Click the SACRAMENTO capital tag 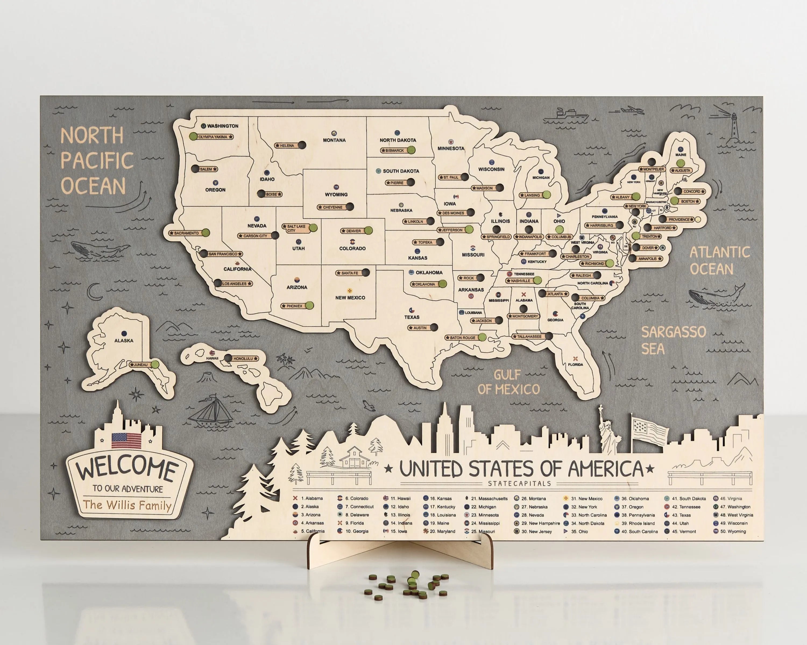click(186, 233)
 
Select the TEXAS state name click(412, 317)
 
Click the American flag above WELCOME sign click(126, 441)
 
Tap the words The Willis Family click(127, 505)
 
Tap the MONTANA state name click(334, 140)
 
